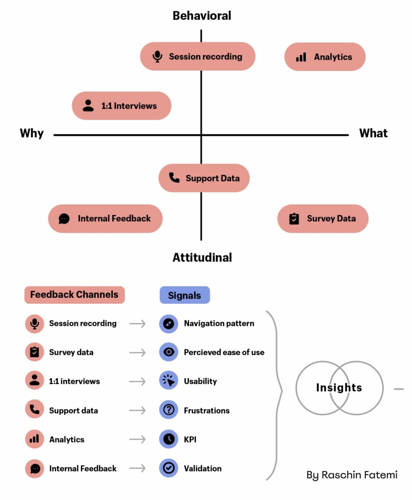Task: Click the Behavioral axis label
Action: coord(202,15)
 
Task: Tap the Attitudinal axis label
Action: coord(202,257)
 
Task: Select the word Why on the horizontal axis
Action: coord(32,133)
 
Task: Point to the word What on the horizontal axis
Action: coord(373,133)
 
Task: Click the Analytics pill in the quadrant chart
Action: coord(325,57)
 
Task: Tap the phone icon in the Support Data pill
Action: coord(174,178)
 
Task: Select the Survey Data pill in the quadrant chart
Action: coord(322,218)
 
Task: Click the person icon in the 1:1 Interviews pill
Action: coord(88,106)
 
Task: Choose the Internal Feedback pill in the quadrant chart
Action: coord(105,218)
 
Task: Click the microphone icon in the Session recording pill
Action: coord(157,56)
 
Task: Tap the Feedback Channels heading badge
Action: coord(74,294)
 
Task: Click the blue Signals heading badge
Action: coord(185,295)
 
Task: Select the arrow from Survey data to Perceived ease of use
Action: coord(138,353)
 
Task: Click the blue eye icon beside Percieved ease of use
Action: coord(168,352)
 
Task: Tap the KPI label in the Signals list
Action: coord(190,439)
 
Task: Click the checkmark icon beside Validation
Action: coord(168,468)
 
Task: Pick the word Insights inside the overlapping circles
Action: coord(339,387)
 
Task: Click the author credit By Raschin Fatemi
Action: coord(352,475)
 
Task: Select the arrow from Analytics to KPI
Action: coord(138,439)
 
